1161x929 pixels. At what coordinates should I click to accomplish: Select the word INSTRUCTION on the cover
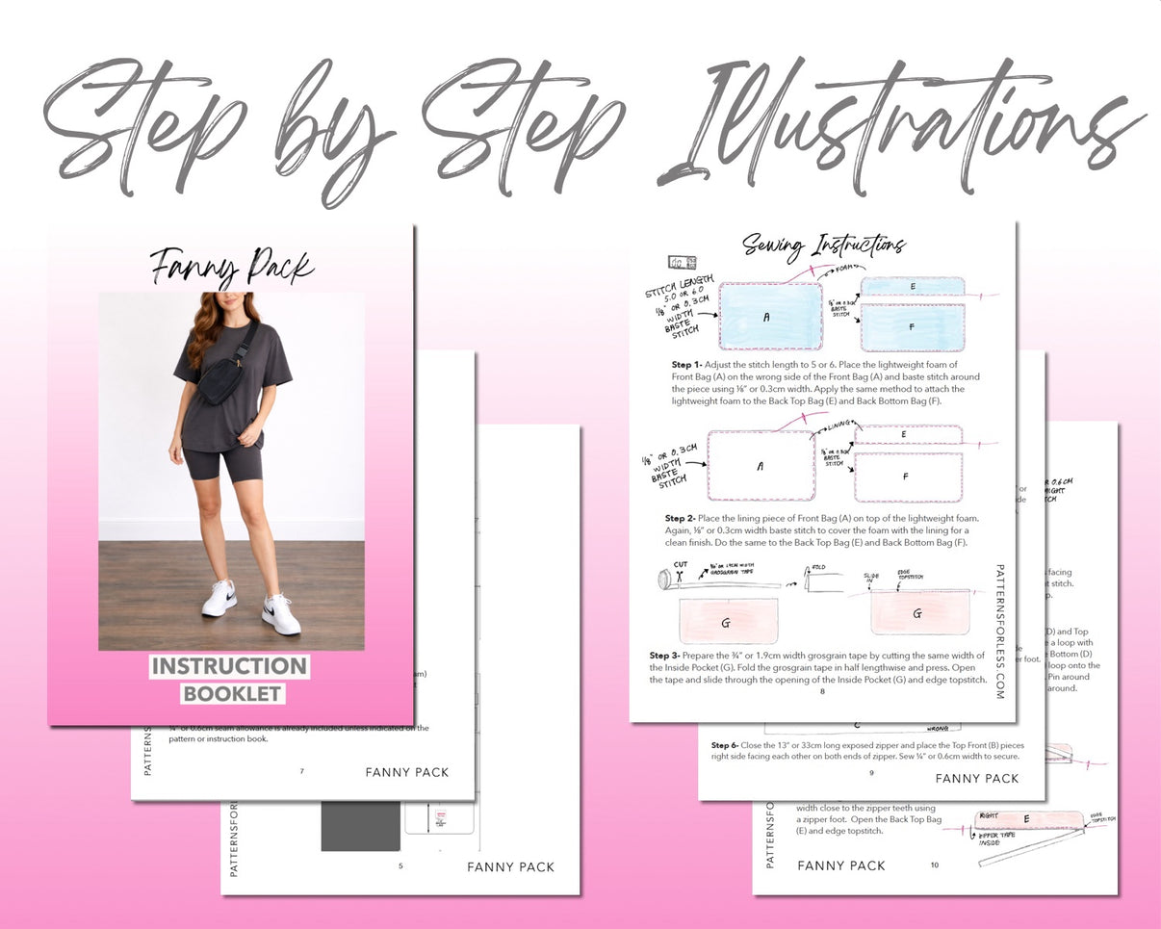229,666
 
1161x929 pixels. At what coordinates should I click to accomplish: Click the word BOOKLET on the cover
232,693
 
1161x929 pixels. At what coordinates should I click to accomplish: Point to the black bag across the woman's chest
220,379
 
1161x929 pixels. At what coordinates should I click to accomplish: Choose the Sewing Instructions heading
823,245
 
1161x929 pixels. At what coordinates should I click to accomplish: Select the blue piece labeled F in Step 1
912,326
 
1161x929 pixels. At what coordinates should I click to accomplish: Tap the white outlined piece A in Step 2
761,465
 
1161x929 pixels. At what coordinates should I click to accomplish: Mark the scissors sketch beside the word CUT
668,578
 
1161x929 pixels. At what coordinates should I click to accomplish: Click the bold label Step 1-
686,366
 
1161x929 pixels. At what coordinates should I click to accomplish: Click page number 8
822,691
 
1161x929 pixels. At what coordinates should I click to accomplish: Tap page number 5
400,866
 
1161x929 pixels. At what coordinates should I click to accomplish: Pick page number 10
934,865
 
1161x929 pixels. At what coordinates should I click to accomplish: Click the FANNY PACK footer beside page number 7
406,772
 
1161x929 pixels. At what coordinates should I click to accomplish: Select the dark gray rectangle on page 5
360,826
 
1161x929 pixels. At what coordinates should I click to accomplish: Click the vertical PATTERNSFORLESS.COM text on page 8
999,631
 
